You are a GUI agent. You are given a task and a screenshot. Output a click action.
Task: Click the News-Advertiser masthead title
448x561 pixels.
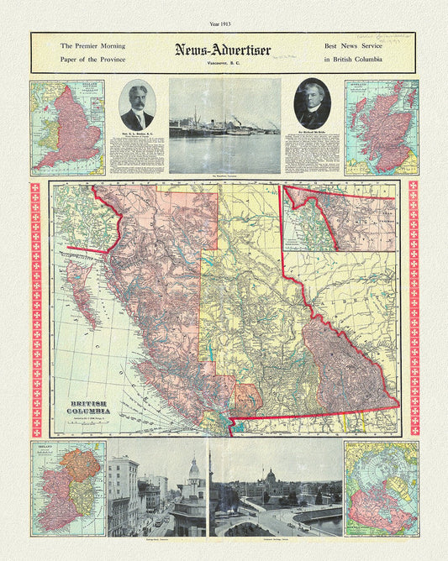pyautogui.click(x=223, y=50)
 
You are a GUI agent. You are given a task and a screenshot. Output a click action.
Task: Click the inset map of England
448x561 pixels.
pyautogui.click(x=67, y=128)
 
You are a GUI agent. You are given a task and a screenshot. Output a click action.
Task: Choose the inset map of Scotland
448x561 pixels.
pyautogui.click(x=381, y=128)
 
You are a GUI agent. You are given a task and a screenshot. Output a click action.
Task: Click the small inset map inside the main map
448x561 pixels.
pyautogui.click(x=339, y=219)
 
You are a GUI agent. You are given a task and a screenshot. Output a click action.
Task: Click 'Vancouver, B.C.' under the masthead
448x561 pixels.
pyautogui.click(x=223, y=63)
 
